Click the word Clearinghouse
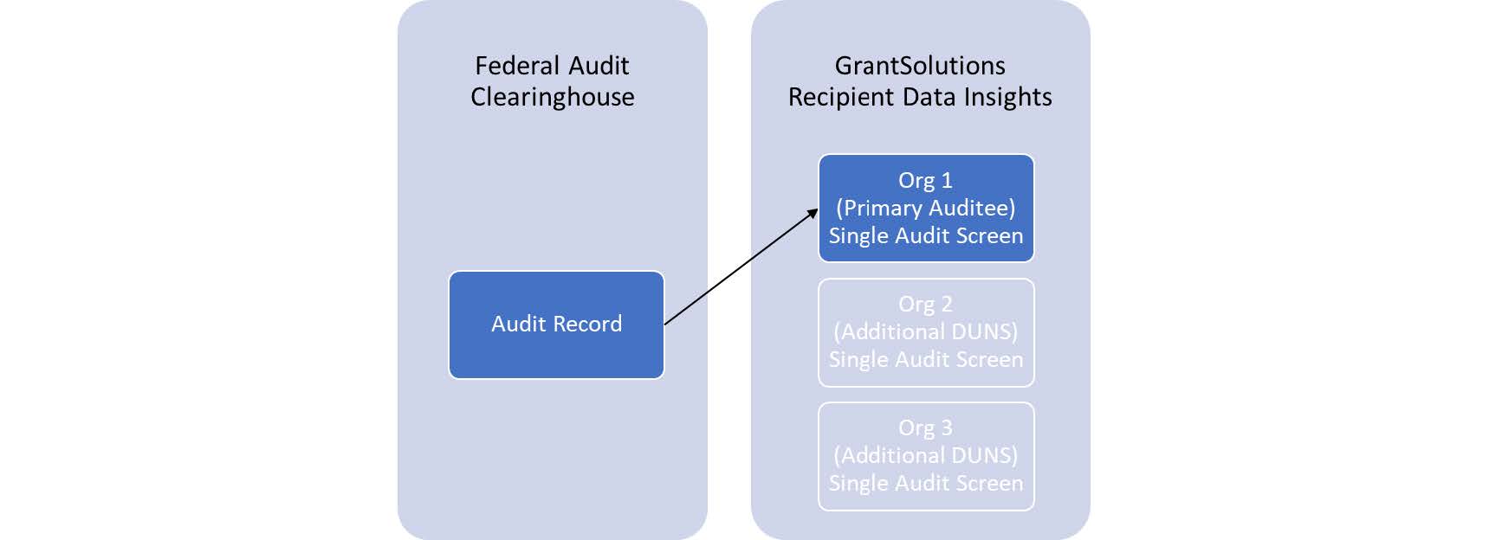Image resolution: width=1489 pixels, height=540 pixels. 553,97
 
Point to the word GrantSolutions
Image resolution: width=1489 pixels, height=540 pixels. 920,66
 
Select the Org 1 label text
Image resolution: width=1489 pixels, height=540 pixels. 925,180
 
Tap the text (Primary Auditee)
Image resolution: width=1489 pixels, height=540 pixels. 925,208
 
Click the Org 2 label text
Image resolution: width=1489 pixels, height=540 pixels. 925,304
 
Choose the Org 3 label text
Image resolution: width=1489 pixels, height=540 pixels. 925,427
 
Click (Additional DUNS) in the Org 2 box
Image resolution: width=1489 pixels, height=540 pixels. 925,331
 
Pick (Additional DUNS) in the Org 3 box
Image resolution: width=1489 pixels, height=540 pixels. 925,455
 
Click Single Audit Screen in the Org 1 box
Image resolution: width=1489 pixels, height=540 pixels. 925,235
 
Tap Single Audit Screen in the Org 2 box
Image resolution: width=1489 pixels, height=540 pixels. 925,359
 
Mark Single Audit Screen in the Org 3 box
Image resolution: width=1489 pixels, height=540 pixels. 925,483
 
